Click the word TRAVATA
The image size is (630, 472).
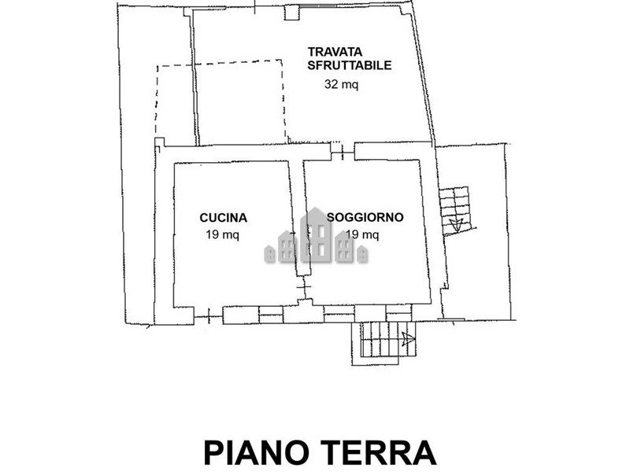(335, 52)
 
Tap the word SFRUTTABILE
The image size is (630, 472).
(350, 65)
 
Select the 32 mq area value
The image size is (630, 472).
(341, 84)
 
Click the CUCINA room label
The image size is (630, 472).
(224, 218)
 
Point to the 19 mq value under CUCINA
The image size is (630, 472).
(223, 234)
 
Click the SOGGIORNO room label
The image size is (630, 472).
(365, 217)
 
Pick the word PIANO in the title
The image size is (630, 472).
(257, 453)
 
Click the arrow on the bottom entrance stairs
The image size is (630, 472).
(408, 339)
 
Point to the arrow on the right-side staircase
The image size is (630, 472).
(456, 224)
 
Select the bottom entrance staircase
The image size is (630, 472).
(384, 340)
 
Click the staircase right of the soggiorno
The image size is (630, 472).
(455, 211)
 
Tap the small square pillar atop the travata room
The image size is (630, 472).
(292, 13)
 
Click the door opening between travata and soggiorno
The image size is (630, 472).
(343, 151)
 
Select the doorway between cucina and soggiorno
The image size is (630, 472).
(305, 287)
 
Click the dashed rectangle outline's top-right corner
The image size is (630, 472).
(281, 61)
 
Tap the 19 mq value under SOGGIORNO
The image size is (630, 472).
(362, 234)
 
